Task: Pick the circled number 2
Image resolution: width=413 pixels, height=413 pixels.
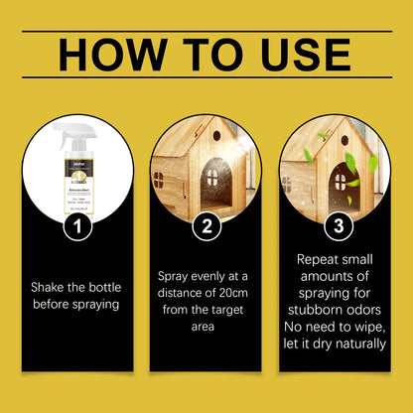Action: [x=206, y=226]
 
